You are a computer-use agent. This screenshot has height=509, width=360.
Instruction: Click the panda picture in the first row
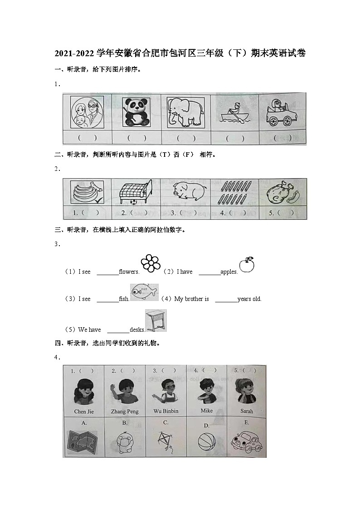tap(135, 112)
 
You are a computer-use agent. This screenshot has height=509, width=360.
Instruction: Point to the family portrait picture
tap(87, 112)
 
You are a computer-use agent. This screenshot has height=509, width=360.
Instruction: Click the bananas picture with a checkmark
tap(87, 192)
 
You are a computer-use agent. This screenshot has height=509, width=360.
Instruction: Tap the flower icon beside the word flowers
tap(151, 263)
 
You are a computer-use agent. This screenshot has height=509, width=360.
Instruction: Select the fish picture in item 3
tap(144, 292)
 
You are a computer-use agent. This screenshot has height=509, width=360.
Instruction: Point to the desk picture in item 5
tap(156, 320)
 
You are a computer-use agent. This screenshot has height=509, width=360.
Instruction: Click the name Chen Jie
tap(83, 412)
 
